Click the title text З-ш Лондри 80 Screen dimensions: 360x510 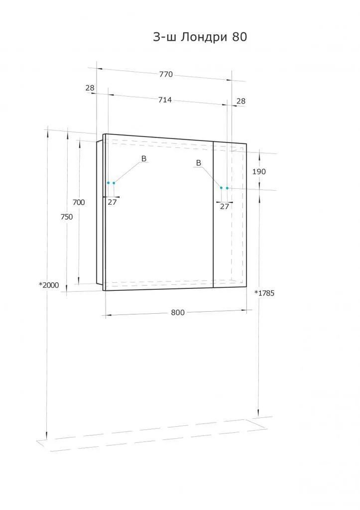click(200, 37)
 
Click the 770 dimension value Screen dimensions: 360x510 click(166, 74)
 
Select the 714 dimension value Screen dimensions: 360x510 click(165, 100)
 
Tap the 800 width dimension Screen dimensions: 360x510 click(178, 313)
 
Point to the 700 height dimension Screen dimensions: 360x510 click(79, 202)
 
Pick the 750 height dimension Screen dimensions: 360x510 click(67, 217)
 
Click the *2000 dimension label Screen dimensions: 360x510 click(49, 285)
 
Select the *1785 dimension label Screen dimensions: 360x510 click(264, 293)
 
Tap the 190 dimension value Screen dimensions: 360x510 click(259, 171)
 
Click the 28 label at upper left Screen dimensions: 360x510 click(90, 88)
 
